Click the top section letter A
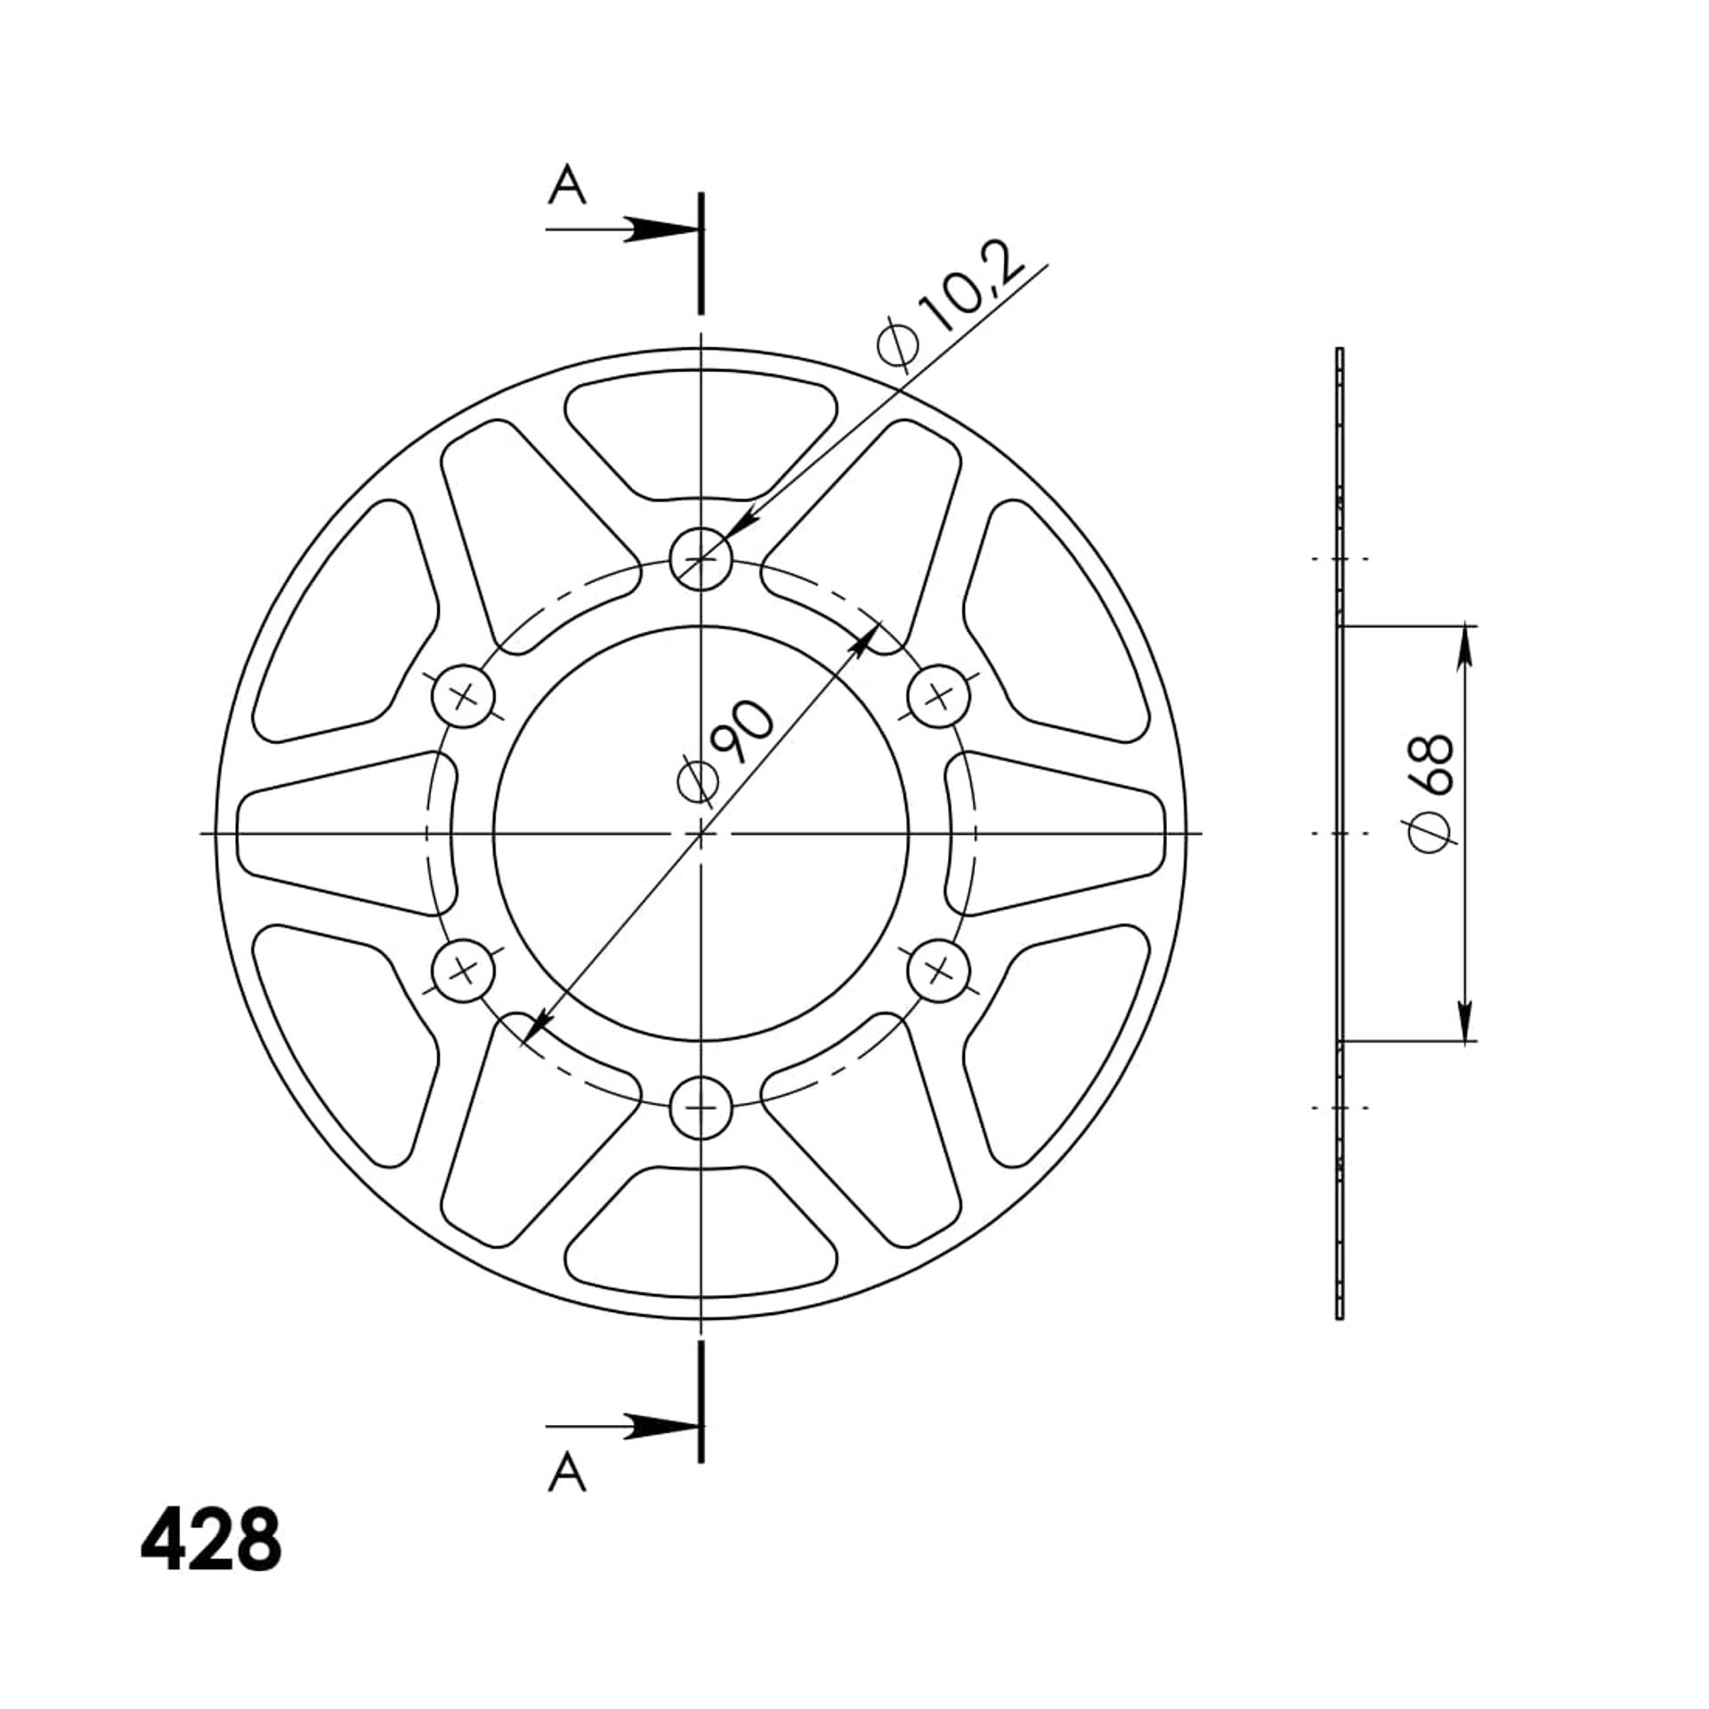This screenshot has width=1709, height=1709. [x=567, y=186]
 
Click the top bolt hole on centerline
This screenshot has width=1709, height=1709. [x=701, y=559]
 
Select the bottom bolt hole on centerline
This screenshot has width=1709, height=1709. [x=701, y=1108]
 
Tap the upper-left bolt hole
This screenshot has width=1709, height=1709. [x=463, y=696]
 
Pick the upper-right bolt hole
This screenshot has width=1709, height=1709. [x=939, y=696]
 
